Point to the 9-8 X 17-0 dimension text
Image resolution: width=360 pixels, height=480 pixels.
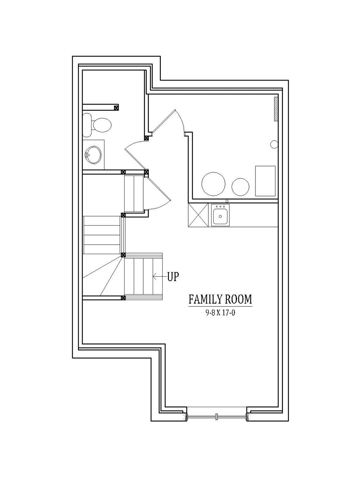[220, 313]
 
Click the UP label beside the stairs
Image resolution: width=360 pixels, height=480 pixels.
[173, 277]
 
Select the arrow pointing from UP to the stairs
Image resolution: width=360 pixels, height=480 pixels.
[160, 277]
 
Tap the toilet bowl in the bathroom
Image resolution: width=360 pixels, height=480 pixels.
[102, 125]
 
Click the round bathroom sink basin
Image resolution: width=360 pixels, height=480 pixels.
[93, 155]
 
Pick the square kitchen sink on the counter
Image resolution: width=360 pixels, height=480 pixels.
[220, 216]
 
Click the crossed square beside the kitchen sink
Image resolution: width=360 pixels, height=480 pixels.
[198, 215]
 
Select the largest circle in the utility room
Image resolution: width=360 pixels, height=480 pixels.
[213, 184]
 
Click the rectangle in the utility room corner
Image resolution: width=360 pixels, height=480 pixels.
[265, 181]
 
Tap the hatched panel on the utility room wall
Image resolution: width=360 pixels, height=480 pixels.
[276, 109]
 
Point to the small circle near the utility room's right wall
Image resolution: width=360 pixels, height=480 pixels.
[274, 144]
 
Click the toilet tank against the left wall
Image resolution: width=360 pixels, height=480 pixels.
[87, 125]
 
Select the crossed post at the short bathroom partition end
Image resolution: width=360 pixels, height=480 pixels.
[116, 107]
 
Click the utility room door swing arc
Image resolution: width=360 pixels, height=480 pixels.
[181, 120]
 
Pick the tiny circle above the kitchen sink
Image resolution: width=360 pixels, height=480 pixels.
[227, 201]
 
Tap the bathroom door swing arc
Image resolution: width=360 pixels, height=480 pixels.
[134, 143]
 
